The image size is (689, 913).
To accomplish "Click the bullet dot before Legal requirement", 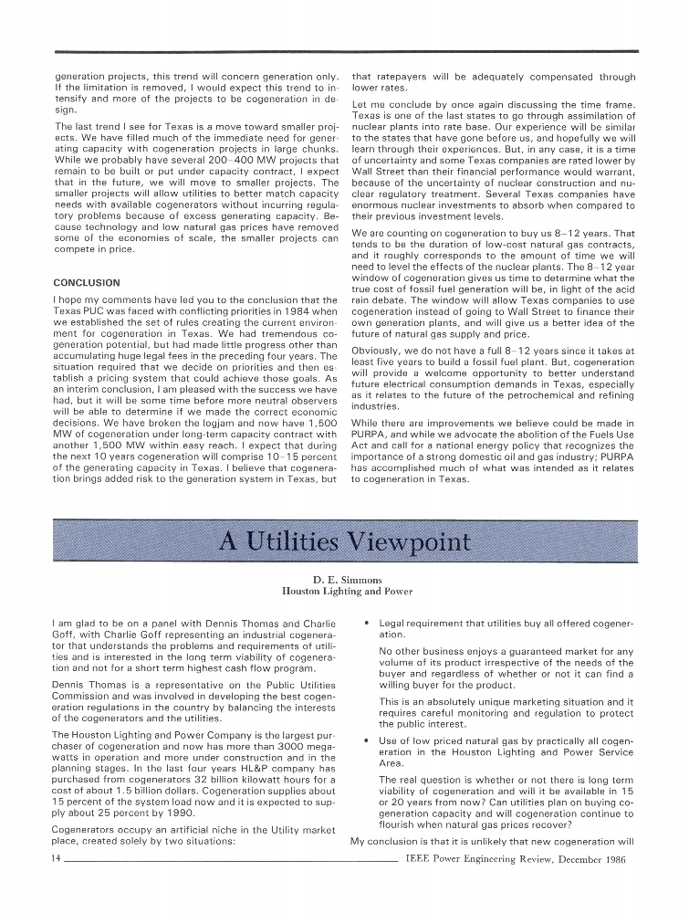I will click(x=366, y=624).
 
